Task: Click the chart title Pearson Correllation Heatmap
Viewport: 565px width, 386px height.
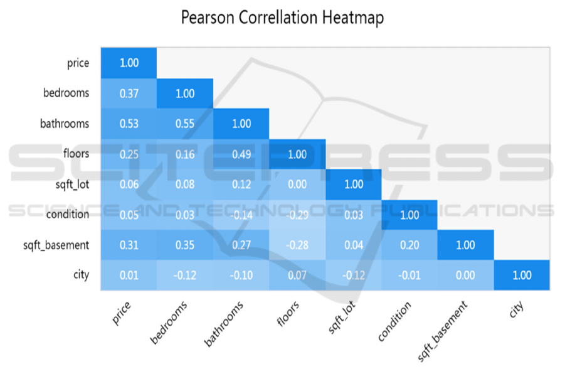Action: point(282,18)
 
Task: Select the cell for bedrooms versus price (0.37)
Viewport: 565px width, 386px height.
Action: point(129,94)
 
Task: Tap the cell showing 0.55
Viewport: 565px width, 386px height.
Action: point(184,124)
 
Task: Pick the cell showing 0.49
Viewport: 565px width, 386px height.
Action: point(241,154)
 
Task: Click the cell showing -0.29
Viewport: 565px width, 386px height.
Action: point(297,215)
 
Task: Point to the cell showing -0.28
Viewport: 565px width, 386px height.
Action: point(297,245)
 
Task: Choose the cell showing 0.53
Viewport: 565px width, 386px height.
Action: point(129,124)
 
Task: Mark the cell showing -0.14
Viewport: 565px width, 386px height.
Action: point(241,215)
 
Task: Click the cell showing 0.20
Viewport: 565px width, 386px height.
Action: point(409,245)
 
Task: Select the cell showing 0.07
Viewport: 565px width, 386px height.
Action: point(297,275)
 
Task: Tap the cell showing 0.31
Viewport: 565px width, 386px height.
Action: point(129,245)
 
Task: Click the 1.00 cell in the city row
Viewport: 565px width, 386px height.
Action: point(522,275)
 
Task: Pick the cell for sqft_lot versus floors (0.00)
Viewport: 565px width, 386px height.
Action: point(297,185)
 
